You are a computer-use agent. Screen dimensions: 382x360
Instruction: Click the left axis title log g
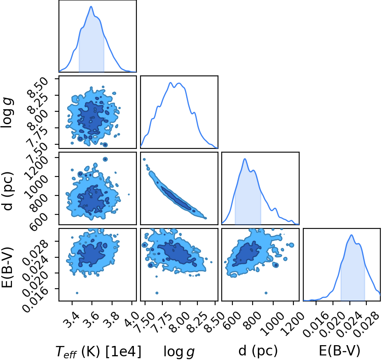pos(8,112)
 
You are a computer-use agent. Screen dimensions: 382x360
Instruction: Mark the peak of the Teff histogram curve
pos(91,6)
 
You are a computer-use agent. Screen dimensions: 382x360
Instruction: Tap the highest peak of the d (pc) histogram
pos(245,159)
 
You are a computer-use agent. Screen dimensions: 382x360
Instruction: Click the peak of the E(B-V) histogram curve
pos(352,235)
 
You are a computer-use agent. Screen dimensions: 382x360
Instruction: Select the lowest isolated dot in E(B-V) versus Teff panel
pos(77,293)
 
